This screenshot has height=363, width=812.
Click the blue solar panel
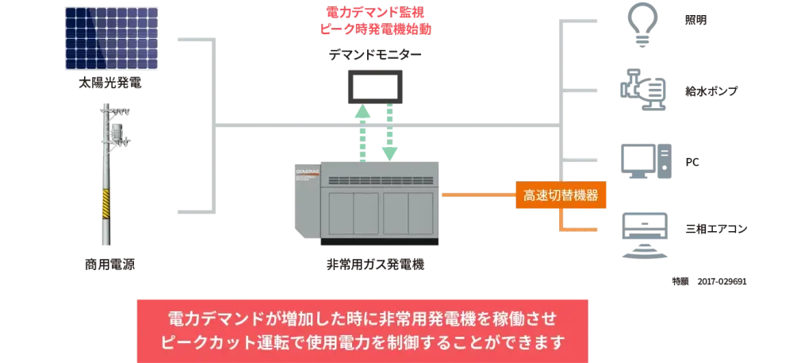click(117, 40)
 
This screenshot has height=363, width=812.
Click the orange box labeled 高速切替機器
click(561, 194)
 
